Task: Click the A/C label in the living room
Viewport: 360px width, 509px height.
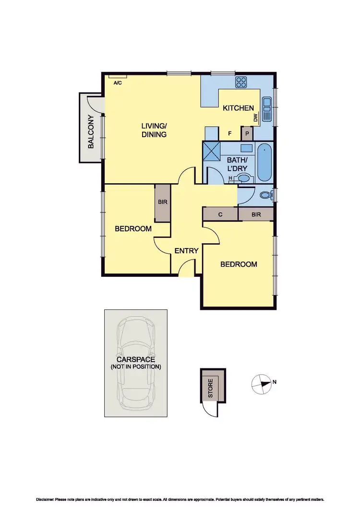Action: [117, 83]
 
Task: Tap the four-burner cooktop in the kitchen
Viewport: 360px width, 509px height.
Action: [241, 82]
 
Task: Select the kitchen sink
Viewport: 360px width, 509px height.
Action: [267, 109]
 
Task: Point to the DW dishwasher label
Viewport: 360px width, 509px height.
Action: [256, 118]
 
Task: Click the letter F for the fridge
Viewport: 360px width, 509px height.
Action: [229, 134]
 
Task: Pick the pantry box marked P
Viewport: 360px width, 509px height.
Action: [247, 133]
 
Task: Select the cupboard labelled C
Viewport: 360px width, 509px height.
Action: [220, 214]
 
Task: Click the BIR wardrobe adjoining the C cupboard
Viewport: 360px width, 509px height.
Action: [256, 214]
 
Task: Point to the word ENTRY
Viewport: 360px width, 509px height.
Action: [186, 251]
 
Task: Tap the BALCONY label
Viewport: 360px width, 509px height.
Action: [91, 137]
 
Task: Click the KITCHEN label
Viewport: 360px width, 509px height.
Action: [238, 108]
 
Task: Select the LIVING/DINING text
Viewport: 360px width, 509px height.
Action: [154, 130]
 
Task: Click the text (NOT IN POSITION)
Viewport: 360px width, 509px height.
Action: [136, 367]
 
